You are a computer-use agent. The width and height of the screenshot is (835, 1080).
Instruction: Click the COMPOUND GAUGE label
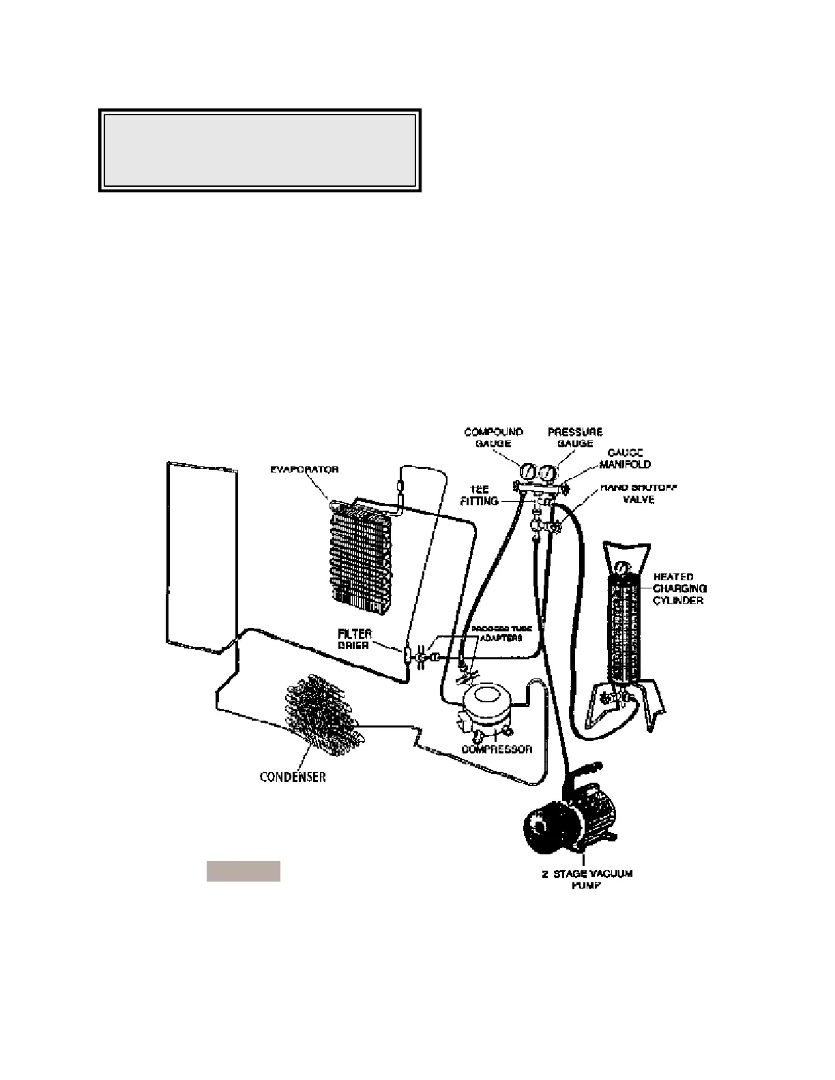[x=493, y=438]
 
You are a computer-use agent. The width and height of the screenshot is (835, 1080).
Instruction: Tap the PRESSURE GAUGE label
[x=575, y=438]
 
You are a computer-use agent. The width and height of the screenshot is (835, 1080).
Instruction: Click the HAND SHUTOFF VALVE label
[x=627, y=494]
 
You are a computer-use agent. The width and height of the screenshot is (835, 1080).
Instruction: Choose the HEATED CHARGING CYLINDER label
[x=679, y=588]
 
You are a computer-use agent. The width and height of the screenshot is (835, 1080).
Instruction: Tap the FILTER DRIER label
[x=354, y=640]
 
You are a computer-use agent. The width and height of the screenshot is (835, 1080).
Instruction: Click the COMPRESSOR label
[x=496, y=749]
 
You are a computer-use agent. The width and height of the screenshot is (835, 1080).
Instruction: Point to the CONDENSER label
[x=293, y=777]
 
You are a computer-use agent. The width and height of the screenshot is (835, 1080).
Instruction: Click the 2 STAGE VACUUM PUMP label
[x=587, y=880]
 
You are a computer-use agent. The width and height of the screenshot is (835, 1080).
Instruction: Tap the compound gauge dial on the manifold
[x=528, y=471]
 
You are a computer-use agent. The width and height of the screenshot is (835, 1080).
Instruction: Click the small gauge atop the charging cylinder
[x=621, y=568]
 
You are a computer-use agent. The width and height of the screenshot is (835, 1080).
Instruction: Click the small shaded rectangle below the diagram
[x=244, y=871]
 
